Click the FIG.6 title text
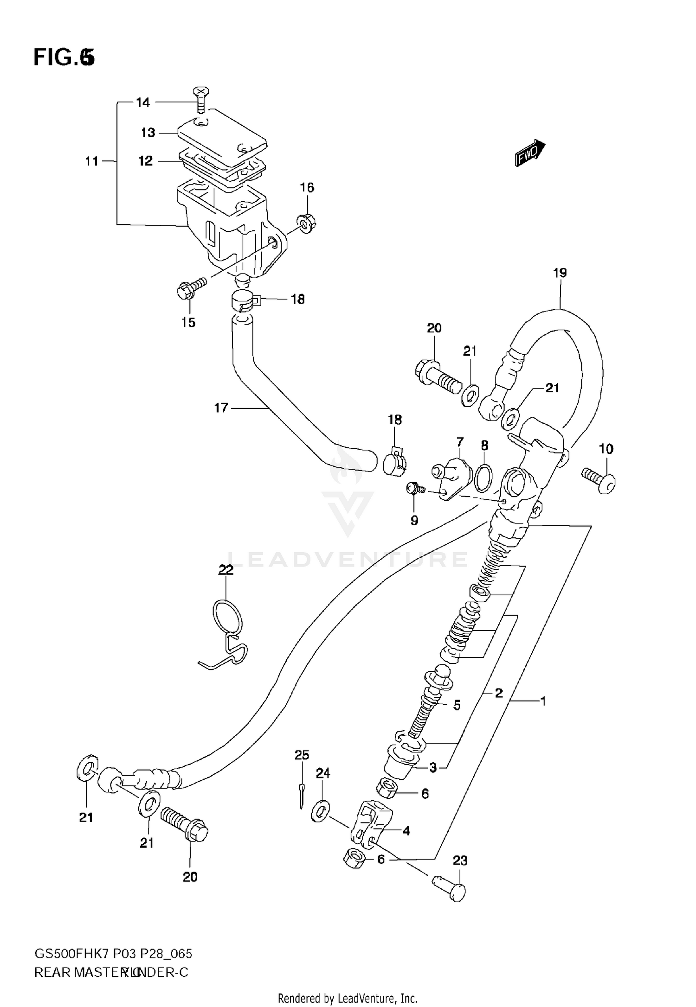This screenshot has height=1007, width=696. pyautogui.click(x=64, y=58)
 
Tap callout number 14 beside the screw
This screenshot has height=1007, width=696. pyautogui.click(x=143, y=102)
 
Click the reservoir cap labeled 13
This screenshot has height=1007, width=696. pyautogui.click(x=223, y=134)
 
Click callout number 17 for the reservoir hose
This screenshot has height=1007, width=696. pyautogui.click(x=221, y=408)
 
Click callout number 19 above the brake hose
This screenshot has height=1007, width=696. pyautogui.click(x=560, y=273)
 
